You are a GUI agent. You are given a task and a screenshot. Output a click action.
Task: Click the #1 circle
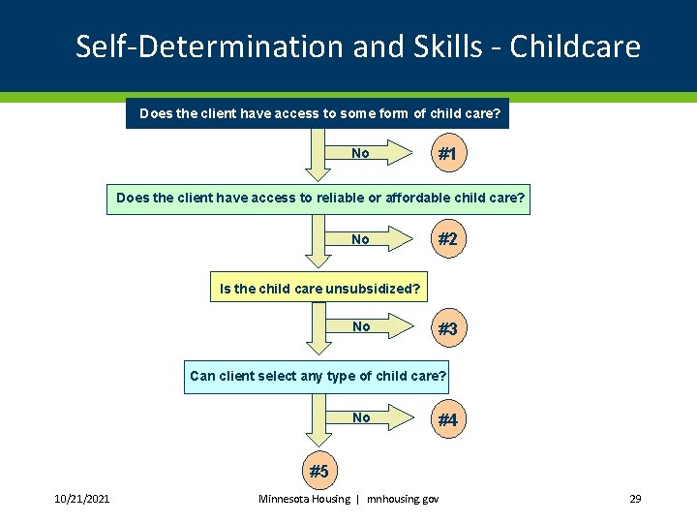tap(447, 154)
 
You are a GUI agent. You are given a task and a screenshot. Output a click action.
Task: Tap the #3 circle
tap(447, 329)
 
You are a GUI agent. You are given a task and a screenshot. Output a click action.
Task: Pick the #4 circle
tap(447, 420)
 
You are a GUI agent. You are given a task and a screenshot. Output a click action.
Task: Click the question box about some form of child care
tap(319, 114)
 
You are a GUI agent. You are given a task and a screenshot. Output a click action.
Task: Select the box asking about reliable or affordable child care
tap(319, 199)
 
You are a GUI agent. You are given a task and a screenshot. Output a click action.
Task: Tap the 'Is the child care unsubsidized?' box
tap(319, 288)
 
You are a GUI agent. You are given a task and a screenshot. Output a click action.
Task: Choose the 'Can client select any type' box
tap(318, 376)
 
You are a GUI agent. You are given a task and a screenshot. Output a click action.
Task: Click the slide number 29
tap(635, 499)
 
